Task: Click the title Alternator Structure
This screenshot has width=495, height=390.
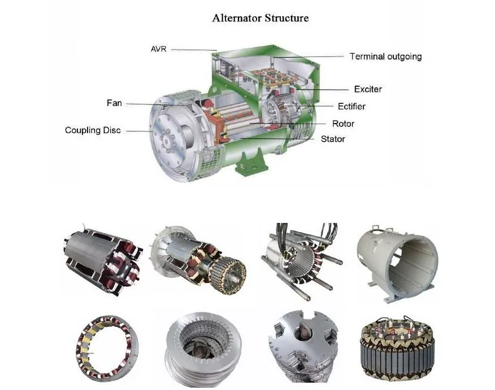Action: coord(260,18)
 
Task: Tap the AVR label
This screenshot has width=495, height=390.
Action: coord(158,49)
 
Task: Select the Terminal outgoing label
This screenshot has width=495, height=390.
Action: coord(385,56)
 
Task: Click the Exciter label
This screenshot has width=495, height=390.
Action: coord(368,89)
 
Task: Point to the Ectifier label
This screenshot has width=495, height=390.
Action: coord(351,107)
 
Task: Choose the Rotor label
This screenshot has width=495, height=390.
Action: coord(343,124)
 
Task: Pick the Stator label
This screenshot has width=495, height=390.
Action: coord(333,139)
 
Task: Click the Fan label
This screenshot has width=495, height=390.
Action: coord(114,103)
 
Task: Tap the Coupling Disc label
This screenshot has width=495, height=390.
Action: coord(93,130)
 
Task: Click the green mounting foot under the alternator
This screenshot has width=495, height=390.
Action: coord(251,163)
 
